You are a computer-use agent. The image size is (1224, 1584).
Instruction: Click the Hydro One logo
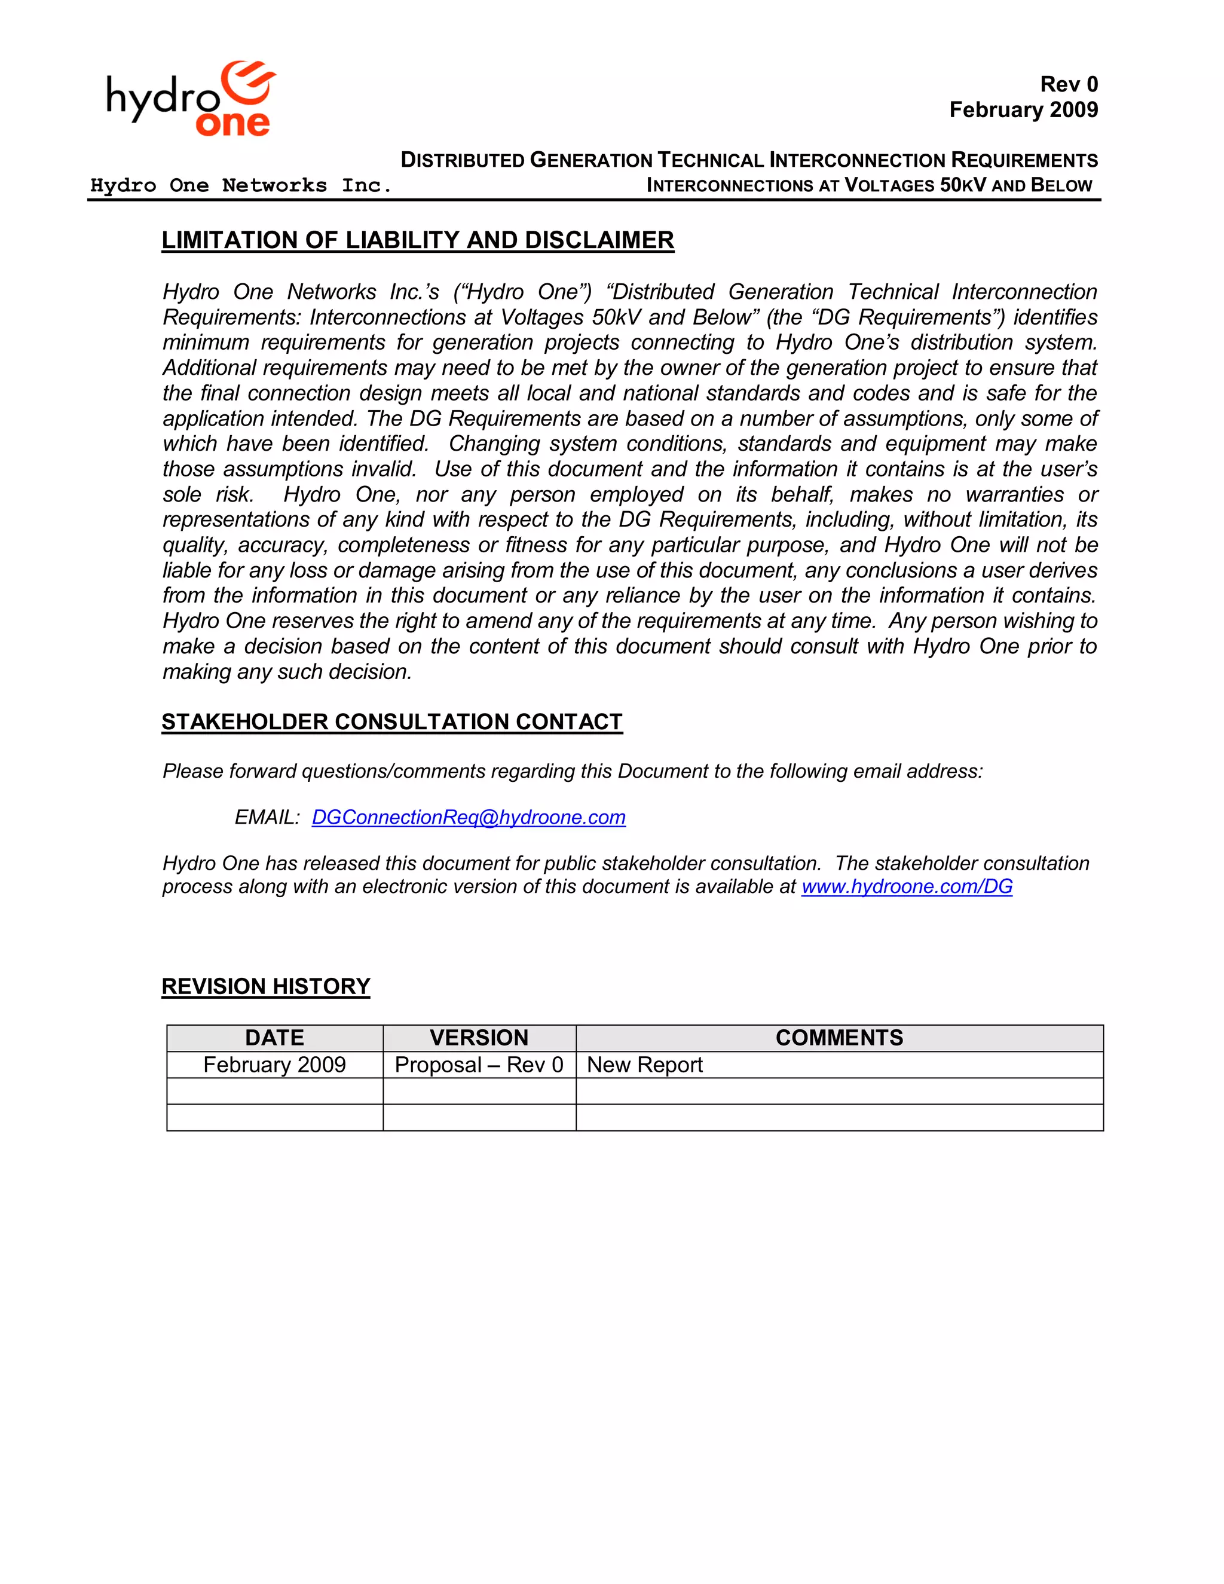(191, 99)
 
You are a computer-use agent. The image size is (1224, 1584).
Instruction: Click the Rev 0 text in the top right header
(1068, 84)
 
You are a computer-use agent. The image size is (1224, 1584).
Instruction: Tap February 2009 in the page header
(1023, 110)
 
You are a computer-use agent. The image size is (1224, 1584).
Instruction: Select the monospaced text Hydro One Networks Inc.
(241, 186)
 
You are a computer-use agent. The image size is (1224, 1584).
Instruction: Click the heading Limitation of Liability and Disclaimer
(418, 240)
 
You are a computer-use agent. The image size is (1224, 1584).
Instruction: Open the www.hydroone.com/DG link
(907, 886)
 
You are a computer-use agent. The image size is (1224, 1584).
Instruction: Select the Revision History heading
(265, 986)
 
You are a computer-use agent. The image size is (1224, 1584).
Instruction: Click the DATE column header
(274, 1038)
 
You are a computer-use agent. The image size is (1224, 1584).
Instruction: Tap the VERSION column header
(479, 1038)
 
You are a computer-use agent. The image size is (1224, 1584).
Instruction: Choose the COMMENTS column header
(839, 1038)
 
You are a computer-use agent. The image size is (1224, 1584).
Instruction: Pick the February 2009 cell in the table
(274, 1065)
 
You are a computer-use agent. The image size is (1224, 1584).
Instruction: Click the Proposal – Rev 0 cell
(479, 1065)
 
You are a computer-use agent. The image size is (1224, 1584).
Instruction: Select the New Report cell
(645, 1065)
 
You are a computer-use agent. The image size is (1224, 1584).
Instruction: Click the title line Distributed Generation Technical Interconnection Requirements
(749, 160)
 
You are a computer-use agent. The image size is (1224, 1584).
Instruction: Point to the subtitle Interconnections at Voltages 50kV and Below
(868, 186)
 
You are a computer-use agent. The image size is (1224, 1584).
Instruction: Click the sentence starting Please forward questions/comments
(572, 771)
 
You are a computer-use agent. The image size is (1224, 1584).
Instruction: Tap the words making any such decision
(287, 672)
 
